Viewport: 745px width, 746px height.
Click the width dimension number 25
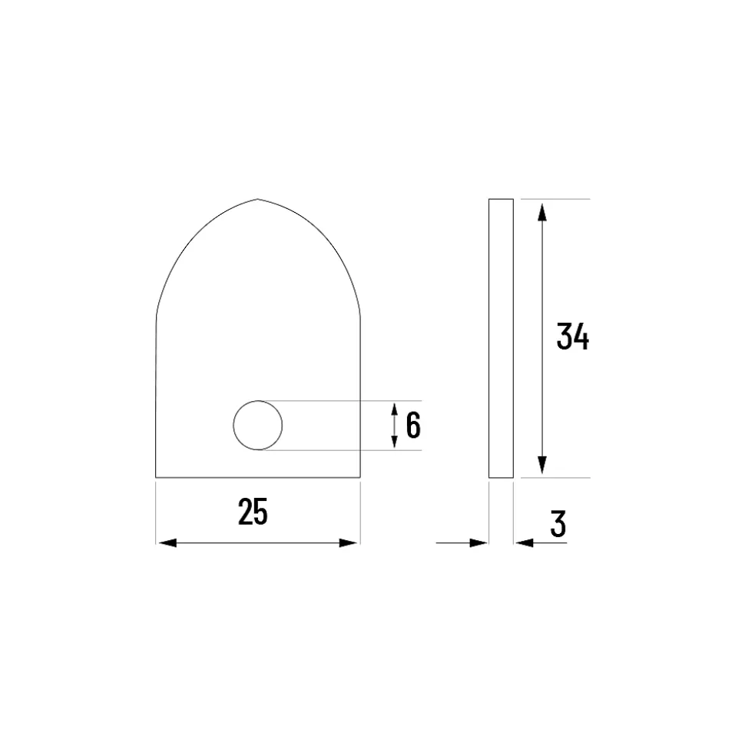253,512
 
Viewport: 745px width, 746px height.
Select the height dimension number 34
573,337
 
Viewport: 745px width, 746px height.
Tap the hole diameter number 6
413,426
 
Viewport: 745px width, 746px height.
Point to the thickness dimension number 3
558,524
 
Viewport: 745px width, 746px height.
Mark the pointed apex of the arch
258,199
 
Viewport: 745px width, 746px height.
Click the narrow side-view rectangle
501,338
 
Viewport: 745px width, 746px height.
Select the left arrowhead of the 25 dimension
167,543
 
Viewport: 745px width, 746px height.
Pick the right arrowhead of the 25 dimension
348,543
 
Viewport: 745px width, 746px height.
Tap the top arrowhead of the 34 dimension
542,212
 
